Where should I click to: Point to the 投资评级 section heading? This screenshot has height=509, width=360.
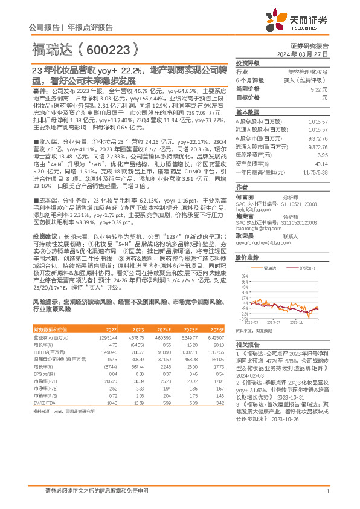point(247,63)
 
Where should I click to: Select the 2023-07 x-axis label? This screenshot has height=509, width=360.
point(274,323)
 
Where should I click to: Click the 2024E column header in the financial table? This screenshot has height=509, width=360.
point(164,329)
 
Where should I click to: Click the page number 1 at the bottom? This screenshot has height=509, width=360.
point(327,490)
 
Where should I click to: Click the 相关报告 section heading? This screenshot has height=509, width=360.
point(247,343)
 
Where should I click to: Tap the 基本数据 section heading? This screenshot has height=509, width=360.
point(247,112)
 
